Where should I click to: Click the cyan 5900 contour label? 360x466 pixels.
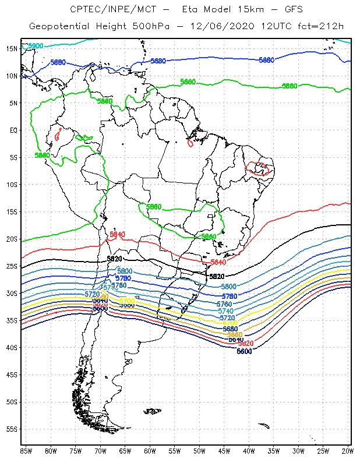point(36,45)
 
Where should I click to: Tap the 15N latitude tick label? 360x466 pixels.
point(12,48)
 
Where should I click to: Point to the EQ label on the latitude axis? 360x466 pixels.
point(13,130)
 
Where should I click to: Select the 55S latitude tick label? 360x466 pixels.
point(12,429)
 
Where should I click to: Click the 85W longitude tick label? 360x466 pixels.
point(26,450)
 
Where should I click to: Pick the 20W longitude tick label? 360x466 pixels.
point(347,450)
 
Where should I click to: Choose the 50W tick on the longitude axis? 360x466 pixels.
point(199,450)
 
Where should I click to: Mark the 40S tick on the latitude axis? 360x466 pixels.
point(12,347)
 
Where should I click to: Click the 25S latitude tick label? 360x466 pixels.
point(12,266)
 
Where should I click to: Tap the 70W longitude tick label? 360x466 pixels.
point(100,450)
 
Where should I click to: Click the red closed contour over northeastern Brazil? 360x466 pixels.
point(257,169)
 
